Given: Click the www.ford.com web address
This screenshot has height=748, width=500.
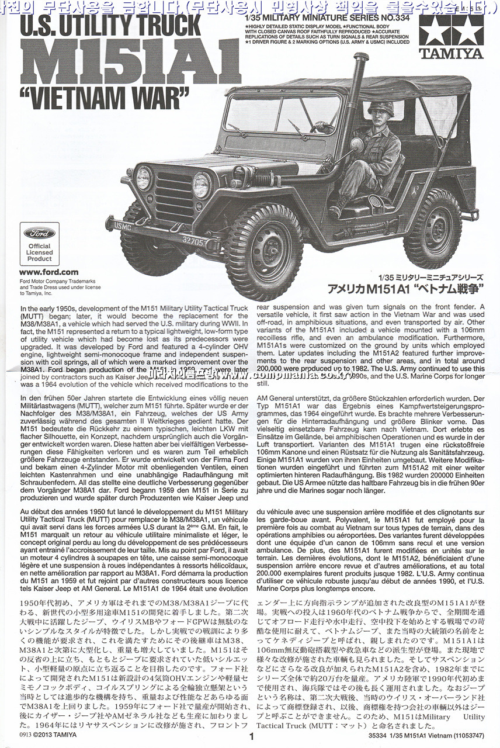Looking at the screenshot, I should pyautogui.click(x=48, y=272).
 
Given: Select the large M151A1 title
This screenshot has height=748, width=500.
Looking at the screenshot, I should pyautogui.click(x=130, y=62).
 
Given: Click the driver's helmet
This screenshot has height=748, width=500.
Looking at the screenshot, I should pyautogui.click(x=381, y=108).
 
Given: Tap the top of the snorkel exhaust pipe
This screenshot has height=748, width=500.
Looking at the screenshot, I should pyautogui.click(x=360, y=58).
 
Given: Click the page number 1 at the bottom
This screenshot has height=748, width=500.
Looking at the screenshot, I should pyautogui.click(x=251, y=737).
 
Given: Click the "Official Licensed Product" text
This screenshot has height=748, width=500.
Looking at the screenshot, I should pyautogui.click(x=39, y=252).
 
